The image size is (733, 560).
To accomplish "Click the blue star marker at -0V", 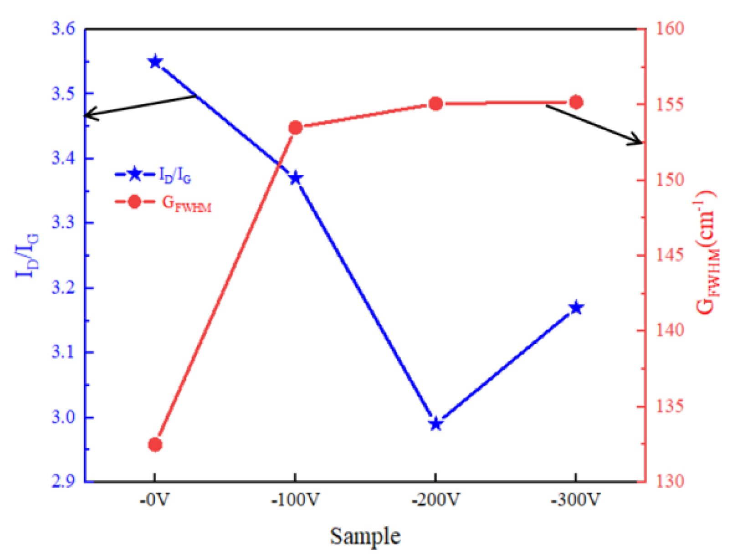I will (x=155, y=61).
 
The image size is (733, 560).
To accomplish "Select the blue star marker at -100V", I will (x=296, y=178).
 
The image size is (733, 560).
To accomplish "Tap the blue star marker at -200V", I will (x=436, y=424).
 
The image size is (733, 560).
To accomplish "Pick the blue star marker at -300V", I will (x=576, y=307).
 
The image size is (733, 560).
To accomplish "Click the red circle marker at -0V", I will (x=155, y=444).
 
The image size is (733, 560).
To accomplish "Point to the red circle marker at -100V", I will (x=296, y=128).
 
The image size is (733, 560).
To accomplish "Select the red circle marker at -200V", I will (x=436, y=104).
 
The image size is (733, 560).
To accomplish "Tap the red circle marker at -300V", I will (x=576, y=102).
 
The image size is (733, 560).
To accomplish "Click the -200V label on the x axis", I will (x=436, y=500).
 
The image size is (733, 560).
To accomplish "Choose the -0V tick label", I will (x=155, y=500).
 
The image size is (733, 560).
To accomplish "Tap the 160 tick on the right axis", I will (x=670, y=29).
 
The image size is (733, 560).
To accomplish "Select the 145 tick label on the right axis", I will (x=670, y=255).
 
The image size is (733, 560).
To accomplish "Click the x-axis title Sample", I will (x=365, y=536).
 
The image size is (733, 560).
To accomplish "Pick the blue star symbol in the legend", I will (x=134, y=174).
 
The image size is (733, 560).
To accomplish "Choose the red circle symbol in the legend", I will (x=134, y=201).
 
